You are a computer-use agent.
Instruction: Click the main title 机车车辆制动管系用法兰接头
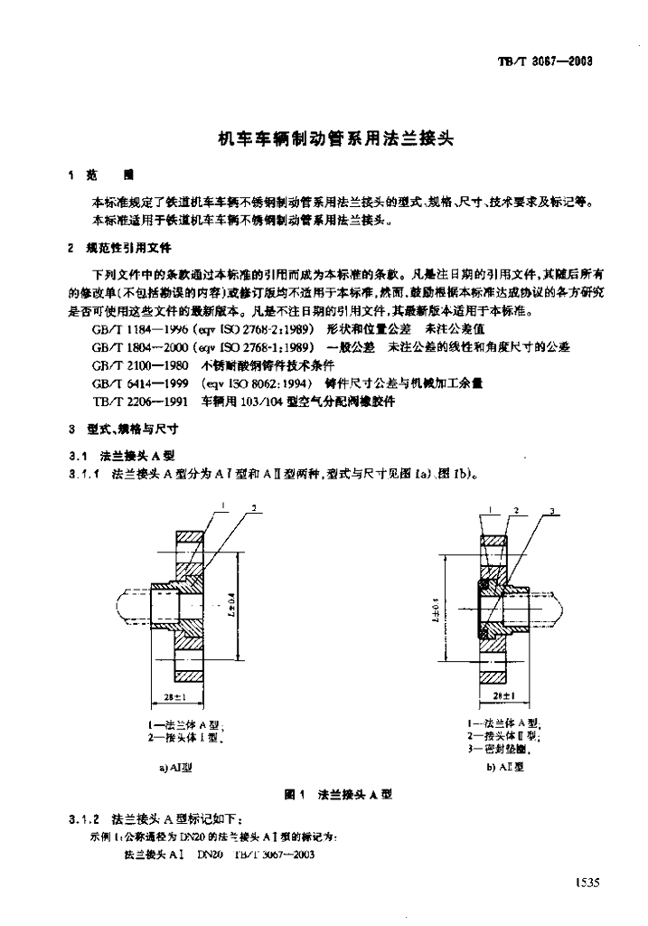[324, 139]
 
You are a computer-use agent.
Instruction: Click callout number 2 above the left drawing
[255, 510]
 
